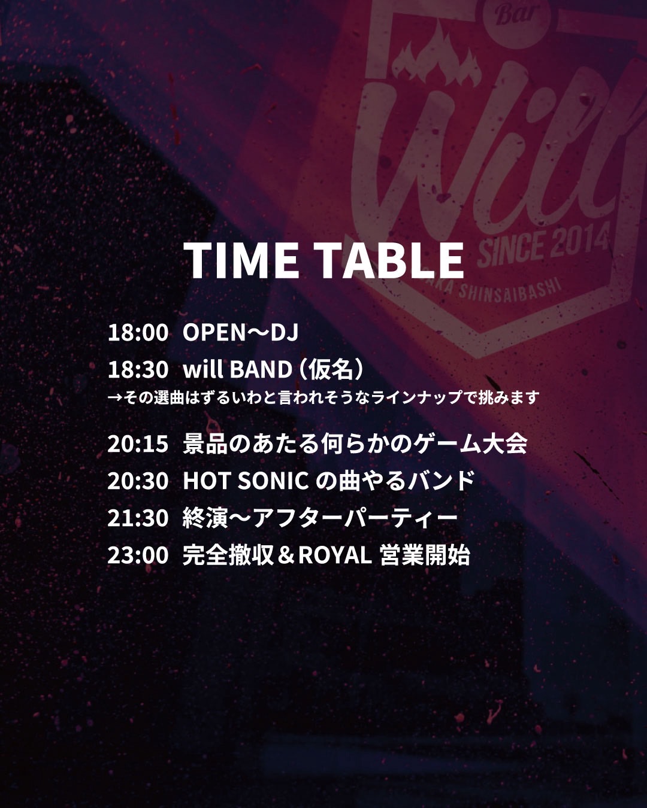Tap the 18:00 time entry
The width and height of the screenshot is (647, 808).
coord(138,333)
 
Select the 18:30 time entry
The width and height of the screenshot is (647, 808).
coord(138,370)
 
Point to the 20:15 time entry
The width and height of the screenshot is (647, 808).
coord(138,444)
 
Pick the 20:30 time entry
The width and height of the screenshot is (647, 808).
coord(138,481)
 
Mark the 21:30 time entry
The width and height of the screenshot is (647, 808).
coord(138,518)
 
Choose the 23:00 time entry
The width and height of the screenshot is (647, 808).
coord(138,555)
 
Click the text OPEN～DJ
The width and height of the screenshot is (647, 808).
coord(241,333)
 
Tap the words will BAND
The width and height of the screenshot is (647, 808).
coord(238,370)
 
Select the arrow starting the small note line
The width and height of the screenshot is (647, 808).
coord(114,398)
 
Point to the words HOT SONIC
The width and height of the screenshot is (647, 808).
coord(246,481)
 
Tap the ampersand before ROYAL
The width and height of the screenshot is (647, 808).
coord(286,555)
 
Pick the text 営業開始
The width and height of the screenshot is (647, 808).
coord(425,555)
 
